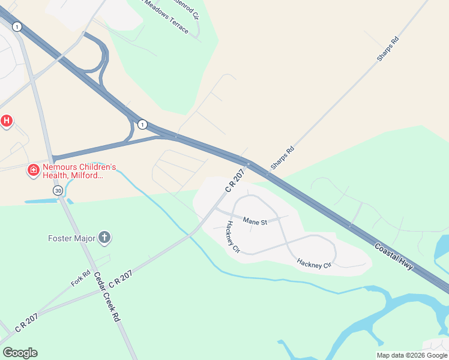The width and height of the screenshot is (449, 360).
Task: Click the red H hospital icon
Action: pyautogui.click(x=6, y=121)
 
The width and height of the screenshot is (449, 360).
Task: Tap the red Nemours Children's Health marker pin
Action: pyautogui.click(x=34, y=171)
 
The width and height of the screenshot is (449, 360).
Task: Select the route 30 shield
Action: pyautogui.click(x=58, y=190)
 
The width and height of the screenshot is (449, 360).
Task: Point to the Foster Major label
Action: pyautogui.click(x=71, y=238)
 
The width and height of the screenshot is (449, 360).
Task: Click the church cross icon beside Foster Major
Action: pyautogui.click(x=104, y=238)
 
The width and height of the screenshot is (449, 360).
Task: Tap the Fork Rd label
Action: pyautogui.click(x=80, y=278)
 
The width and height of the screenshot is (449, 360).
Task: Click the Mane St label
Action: pyautogui.click(x=255, y=221)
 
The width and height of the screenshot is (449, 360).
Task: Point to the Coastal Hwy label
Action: pyautogui.click(x=394, y=256)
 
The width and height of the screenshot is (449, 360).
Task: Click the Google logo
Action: pyautogui.click(x=20, y=353)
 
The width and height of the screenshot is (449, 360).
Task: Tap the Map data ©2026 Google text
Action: pyautogui.click(x=412, y=355)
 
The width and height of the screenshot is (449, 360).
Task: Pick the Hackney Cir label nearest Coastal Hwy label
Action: pyautogui.click(x=313, y=263)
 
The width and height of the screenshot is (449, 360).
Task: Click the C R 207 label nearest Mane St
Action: pyautogui.click(x=235, y=181)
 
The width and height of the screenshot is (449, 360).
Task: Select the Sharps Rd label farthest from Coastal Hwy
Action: pyautogui.click(x=388, y=49)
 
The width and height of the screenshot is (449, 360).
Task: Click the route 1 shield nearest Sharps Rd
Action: pyautogui.click(x=142, y=124)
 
